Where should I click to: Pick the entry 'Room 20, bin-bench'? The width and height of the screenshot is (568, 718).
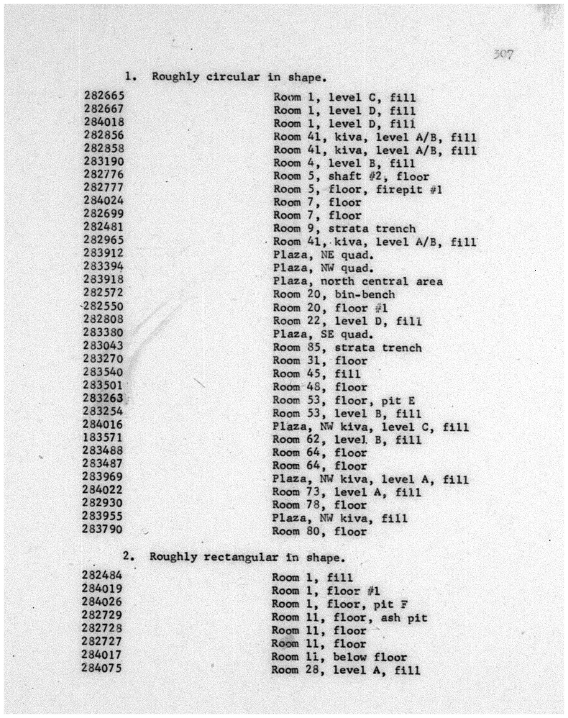(334, 294)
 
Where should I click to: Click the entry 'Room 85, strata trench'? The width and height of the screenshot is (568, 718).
(347, 348)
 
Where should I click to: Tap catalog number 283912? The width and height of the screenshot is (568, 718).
(103, 253)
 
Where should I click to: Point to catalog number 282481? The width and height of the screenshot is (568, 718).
(103, 227)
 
